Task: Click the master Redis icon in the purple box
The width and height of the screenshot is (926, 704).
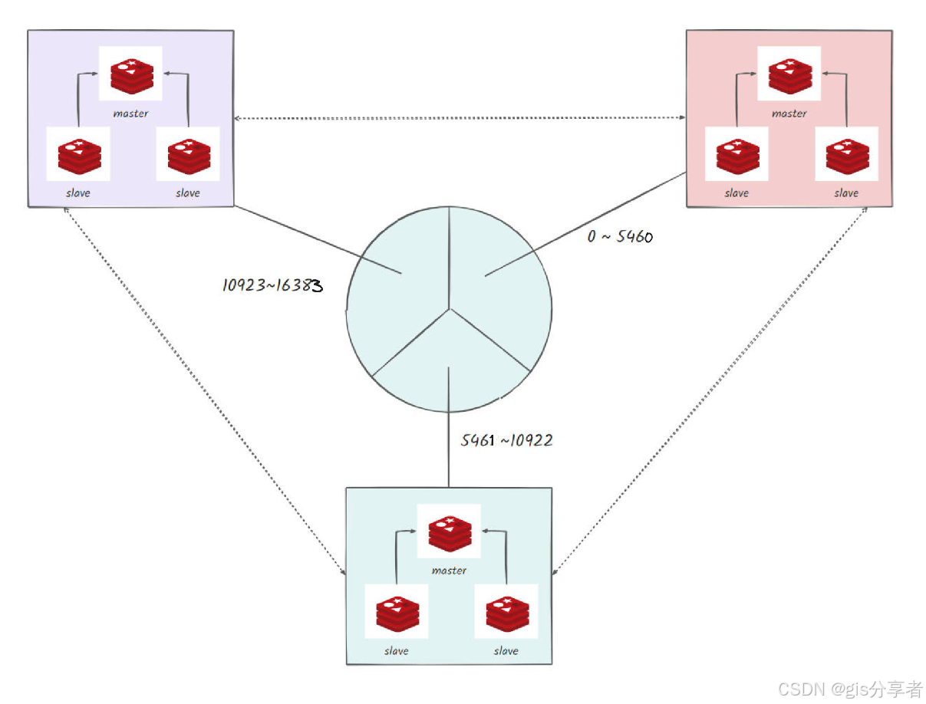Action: (x=131, y=74)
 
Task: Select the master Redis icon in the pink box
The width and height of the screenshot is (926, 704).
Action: (x=789, y=74)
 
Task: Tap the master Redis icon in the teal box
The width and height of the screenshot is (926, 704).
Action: (x=449, y=531)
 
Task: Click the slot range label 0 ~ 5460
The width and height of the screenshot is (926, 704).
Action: (x=620, y=237)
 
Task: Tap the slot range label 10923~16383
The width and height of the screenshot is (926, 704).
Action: (x=272, y=286)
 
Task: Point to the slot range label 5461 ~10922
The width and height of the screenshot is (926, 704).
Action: (x=506, y=440)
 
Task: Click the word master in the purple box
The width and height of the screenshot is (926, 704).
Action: (x=131, y=113)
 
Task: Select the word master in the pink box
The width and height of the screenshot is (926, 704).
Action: (x=789, y=113)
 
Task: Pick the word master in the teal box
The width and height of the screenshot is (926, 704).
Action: (x=449, y=571)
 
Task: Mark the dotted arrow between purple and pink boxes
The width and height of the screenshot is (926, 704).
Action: (x=460, y=118)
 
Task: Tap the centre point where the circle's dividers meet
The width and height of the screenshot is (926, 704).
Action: (x=450, y=309)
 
